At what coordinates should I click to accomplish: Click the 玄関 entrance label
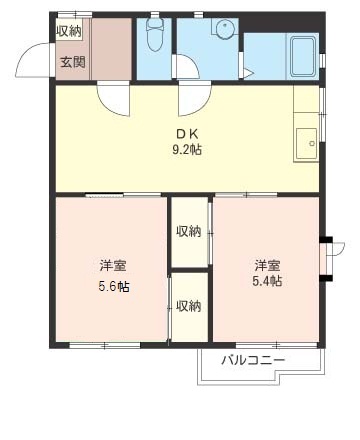coord(72,62)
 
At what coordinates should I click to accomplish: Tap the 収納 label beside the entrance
coord(69,31)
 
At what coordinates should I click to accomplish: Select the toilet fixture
coord(155,37)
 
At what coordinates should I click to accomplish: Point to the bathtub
coord(302,56)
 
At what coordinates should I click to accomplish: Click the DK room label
coord(188,134)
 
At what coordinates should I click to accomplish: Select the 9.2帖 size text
coord(189,151)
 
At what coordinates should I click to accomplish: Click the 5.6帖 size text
coord(112,286)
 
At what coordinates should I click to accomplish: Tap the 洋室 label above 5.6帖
coord(112,266)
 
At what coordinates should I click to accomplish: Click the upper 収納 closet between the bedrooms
coord(189,233)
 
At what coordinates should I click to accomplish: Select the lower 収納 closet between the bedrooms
coord(188,306)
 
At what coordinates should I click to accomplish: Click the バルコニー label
coord(253,360)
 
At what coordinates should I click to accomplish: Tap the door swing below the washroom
coord(192,98)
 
